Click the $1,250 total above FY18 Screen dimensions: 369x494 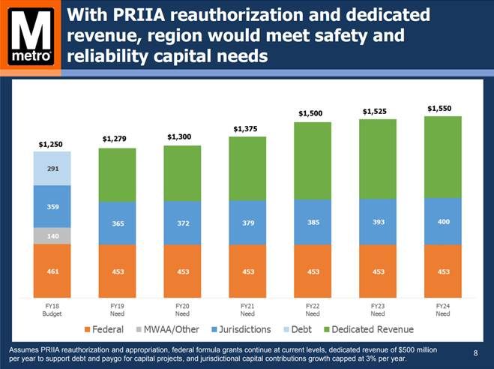coord(51,142)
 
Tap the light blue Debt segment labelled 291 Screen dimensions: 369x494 coord(52,169)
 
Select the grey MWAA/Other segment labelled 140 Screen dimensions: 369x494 coord(52,236)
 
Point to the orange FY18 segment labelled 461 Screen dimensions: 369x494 coord(52,271)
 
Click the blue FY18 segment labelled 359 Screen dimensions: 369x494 coord(52,207)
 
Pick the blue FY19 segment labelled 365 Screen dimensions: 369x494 coord(117,223)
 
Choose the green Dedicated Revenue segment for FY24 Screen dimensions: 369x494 coord(442,156)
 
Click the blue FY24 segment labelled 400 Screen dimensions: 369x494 coord(442,221)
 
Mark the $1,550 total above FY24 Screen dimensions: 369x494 coord(440,108)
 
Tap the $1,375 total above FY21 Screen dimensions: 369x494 coord(245,129)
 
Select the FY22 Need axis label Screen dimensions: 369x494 coord(311,310)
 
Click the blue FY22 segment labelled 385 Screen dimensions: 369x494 coord(311,222)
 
